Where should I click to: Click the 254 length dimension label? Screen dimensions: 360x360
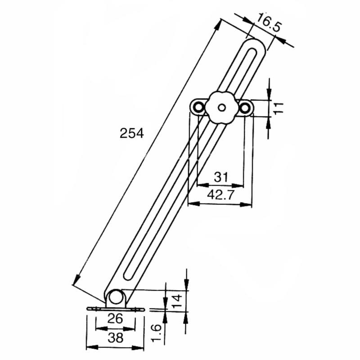coord(131,134)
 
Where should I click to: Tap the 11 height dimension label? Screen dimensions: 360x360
coord(279,108)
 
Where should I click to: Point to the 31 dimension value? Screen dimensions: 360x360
coord(221,177)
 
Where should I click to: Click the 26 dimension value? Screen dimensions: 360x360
coord(116,319)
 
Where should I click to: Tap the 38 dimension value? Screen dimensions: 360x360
coord(116,338)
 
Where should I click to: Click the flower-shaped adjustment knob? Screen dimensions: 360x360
coord(221,108)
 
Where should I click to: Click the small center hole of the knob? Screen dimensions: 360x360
coord(221,108)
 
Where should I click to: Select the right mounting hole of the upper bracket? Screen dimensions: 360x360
coord(245,108)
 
